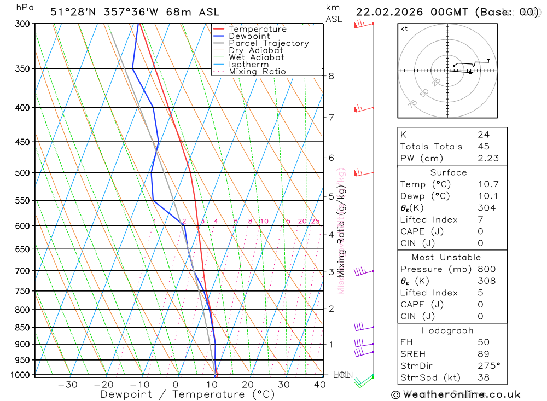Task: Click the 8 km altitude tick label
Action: [x=331, y=76]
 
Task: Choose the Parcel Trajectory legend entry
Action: [x=269, y=43]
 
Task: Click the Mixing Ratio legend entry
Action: [x=257, y=72]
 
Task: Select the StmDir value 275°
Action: [x=489, y=366]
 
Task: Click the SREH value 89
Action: [x=483, y=354]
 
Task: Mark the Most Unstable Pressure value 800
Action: [x=486, y=269]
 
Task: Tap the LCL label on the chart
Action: [x=341, y=375]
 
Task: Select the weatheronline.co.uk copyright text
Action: [x=456, y=394]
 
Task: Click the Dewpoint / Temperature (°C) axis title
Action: [x=187, y=394]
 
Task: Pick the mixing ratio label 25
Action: [x=315, y=221]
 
